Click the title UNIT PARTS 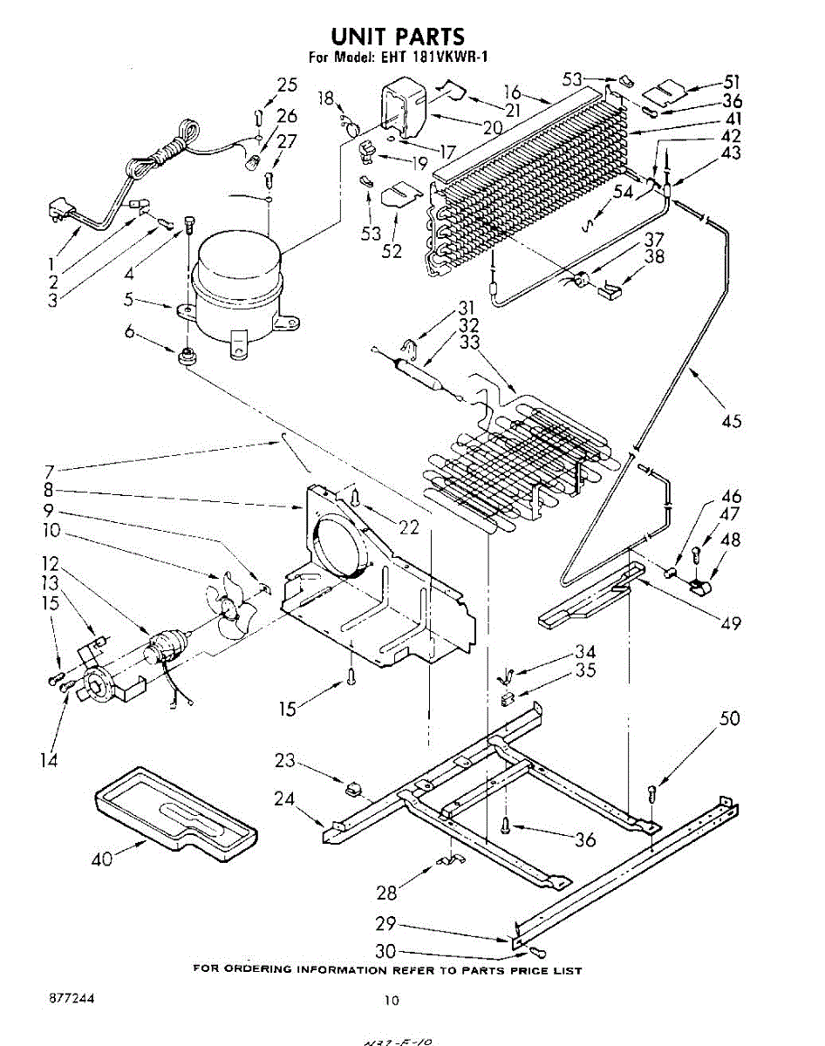(398, 36)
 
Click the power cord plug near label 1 (59, 213)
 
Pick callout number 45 (732, 421)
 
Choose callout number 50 (729, 718)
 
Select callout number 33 (470, 343)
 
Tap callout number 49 (731, 622)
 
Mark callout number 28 (385, 893)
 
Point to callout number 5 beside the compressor (129, 299)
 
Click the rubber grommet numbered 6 (186, 356)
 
